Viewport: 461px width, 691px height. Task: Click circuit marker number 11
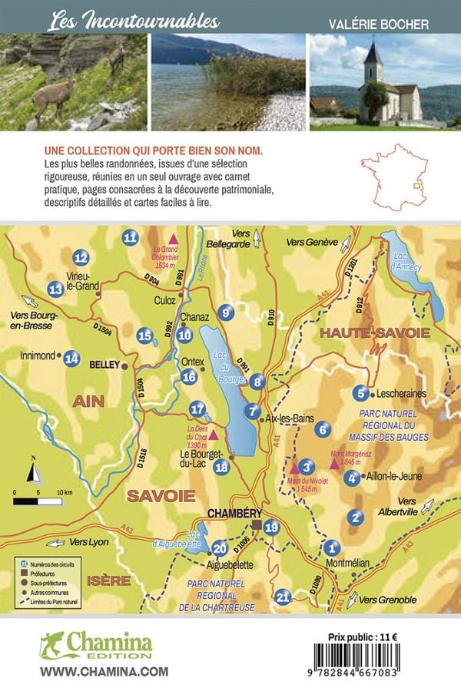tap(130, 238)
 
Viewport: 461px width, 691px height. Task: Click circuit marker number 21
tap(284, 597)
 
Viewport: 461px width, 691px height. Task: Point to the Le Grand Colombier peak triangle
tap(174, 239)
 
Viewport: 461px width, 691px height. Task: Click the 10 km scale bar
tap(38, 501)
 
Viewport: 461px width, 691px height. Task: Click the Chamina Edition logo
tap(97, 646)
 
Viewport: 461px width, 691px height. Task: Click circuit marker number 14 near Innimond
tap(72, 357)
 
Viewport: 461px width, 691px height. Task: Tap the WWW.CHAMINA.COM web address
tap(93, 671)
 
